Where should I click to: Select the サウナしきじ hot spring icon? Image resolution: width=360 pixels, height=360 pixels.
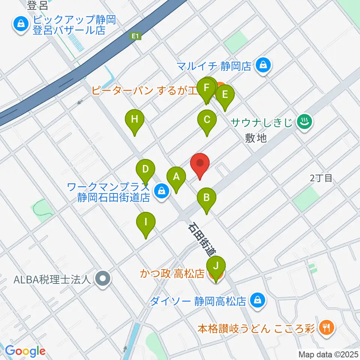304,121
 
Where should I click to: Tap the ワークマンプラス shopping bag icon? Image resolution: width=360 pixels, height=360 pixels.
162,191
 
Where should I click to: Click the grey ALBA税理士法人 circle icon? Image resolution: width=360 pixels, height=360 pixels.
102,279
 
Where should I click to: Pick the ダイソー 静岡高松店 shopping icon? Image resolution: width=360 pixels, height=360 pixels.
258,300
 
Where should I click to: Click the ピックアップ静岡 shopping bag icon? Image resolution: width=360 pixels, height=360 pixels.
19,25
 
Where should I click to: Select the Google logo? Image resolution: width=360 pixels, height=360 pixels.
25,351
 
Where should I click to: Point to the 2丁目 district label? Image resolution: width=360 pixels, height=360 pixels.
321,178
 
